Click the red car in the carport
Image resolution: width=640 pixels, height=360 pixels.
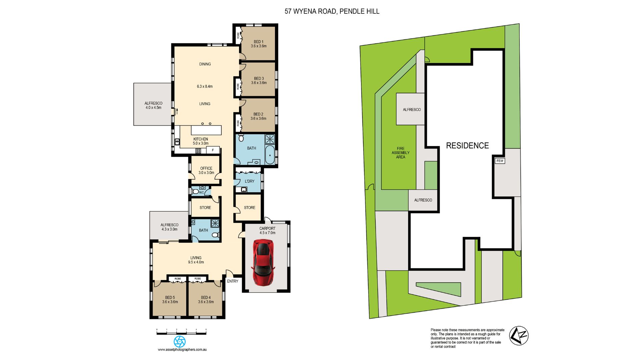263,262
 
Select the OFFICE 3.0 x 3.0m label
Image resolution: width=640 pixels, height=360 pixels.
206,170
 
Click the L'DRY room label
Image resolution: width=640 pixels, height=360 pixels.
249,181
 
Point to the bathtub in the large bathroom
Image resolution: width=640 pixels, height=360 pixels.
270,155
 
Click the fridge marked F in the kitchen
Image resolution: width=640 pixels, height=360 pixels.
213,150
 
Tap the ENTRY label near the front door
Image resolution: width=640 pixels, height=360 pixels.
233,281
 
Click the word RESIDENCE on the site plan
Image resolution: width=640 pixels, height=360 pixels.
467,146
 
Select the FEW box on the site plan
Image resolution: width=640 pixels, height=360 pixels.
500,161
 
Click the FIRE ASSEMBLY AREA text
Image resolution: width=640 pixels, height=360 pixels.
400,153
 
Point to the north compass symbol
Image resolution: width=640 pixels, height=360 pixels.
519,336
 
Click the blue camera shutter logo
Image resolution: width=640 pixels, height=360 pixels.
180,341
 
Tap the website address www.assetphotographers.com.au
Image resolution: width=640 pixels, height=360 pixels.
182,350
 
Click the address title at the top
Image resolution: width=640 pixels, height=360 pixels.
332,11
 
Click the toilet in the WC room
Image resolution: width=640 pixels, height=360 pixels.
196,192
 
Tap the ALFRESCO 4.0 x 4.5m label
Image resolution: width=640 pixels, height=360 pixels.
153,105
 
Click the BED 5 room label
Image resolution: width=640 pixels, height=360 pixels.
170,300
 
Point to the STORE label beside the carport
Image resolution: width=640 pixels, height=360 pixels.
249,208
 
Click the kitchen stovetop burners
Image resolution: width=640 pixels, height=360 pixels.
198,151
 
